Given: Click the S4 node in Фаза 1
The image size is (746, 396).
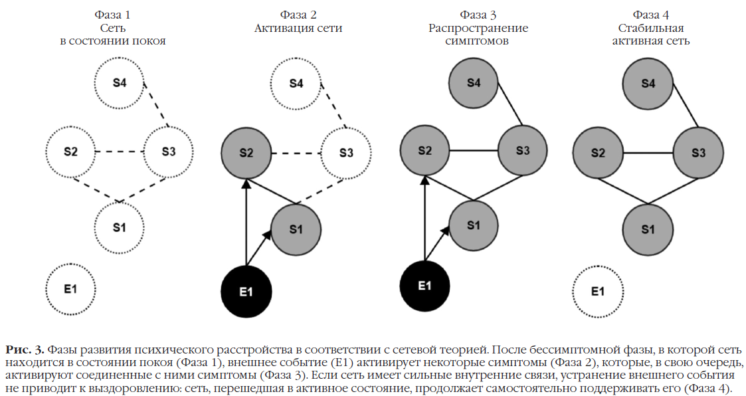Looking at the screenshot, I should click(x=119, y=83).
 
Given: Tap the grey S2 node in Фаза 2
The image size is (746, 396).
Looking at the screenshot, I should click(x=246, y=153).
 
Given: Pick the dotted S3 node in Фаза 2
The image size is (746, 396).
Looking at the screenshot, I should click(x=346, y=153).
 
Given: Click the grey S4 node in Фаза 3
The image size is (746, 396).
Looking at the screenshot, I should click(x=473, y=83).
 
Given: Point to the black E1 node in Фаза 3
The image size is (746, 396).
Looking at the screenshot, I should click(x=424, y=286).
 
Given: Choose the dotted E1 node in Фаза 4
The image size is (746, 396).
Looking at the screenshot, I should click(x=598, y=290).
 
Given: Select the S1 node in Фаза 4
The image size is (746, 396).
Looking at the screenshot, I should click(x=648, y=229).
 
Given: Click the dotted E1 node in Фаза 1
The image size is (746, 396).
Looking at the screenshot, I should click(x=71, y=289).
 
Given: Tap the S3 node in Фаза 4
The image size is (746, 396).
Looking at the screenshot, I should click(x=698, y=153).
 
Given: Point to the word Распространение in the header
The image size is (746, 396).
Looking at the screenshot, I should click(x=478, y=28).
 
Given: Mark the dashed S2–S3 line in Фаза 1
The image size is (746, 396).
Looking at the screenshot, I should click(x=120, y=152).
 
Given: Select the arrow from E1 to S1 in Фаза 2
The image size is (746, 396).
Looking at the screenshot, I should click(x=258, y=248).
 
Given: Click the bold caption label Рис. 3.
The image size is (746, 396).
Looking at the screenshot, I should click(x=25, y=349).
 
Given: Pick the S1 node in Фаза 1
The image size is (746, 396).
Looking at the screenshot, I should click(x=119, y=227).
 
